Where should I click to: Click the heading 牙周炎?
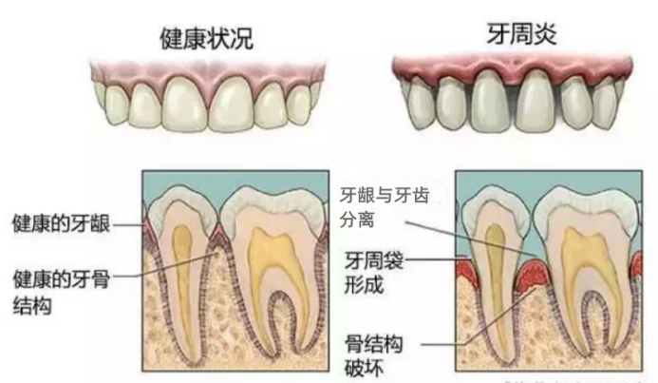[515, 34]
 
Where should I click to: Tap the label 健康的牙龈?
[61, 224]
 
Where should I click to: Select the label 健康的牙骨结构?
[61, 292]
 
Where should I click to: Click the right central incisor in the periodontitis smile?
[536, 103]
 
